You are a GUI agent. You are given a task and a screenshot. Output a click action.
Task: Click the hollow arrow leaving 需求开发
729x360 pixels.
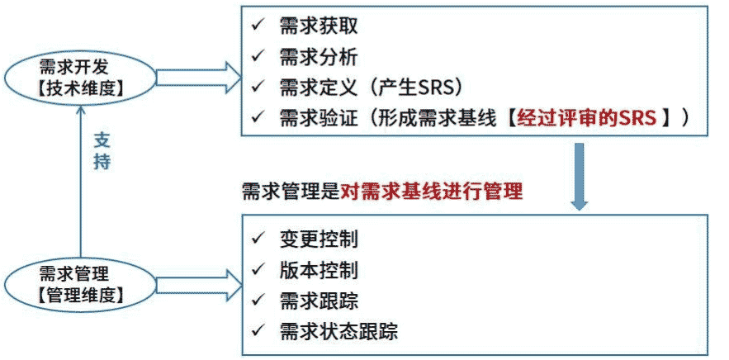(x=194, y=74)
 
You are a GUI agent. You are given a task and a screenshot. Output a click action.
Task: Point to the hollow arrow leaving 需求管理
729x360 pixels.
(x=194, y=281)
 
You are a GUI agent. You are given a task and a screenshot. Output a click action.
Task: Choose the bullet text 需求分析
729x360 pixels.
(x=319, y=56)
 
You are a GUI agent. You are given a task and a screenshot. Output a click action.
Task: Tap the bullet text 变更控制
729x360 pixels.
(x=319, y=239)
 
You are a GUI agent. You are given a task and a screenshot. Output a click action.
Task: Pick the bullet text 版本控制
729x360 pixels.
(x=319, y=270)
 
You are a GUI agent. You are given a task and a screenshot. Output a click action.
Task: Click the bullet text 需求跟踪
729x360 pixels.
(x=319, y=301)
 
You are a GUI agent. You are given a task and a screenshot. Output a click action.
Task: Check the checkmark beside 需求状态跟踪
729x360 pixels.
(x=258, y=330)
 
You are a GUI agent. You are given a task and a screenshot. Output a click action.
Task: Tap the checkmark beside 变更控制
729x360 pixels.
(x=258, y=239)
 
